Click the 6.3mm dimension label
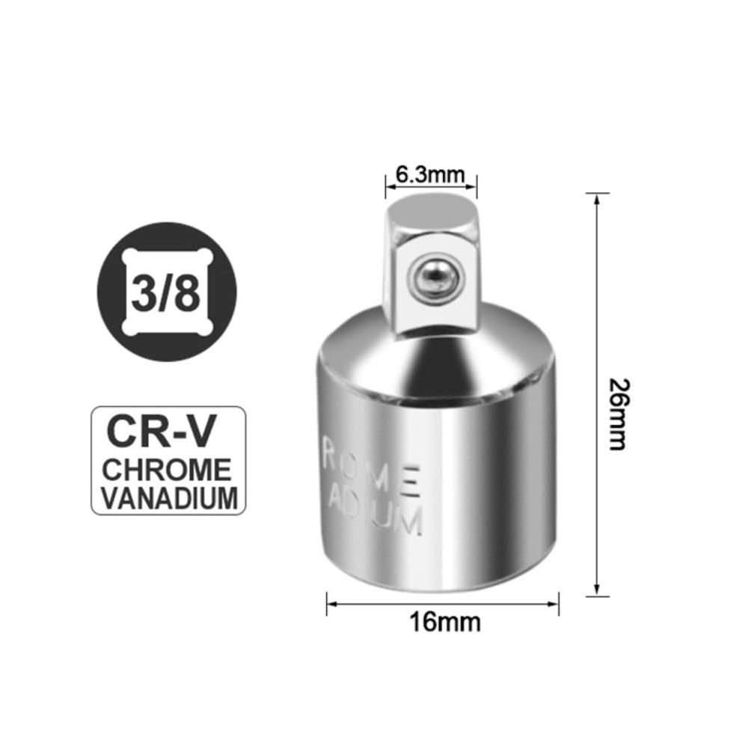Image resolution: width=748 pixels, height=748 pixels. click(x=430, y=174)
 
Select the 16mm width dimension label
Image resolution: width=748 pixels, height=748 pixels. click(x=445, y=621)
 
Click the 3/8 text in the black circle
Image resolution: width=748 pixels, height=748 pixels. click(x=167, y=292)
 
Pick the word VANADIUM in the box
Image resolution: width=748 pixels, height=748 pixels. click(x=169, y=497)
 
